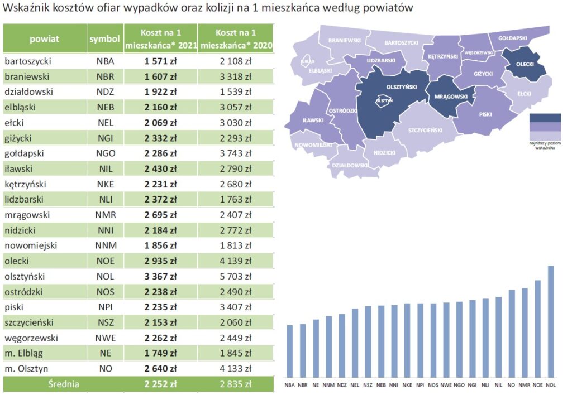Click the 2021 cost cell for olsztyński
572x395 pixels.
pyautogui.click(x=161, y=277)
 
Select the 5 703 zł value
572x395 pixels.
pyautogui.click(x=235, y=277)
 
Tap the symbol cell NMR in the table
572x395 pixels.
pyautogui.click(x=105, y=214)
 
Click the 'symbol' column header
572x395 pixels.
pyautogui.click(x=104, y=39)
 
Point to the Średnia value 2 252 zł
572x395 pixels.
pyautogui.click(x=161, y=384)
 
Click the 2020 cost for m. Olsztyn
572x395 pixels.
pyautogui.click(x=235, y=368)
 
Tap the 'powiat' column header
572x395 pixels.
pyautogui.click(x=45, y=39)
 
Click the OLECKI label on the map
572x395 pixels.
pyautogui.click(x=525, y=64)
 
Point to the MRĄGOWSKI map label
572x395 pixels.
pyautogui.click(x=450, y=97)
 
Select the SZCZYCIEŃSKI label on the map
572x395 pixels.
pyautogui.click(x=426, y=130)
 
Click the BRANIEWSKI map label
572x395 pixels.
pyautogui.click(x=345, y=41)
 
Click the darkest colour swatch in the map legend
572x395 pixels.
pyautogui.click(x=545, y=118)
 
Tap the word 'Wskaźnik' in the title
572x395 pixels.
pyautogui.click(x=24, y=9)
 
